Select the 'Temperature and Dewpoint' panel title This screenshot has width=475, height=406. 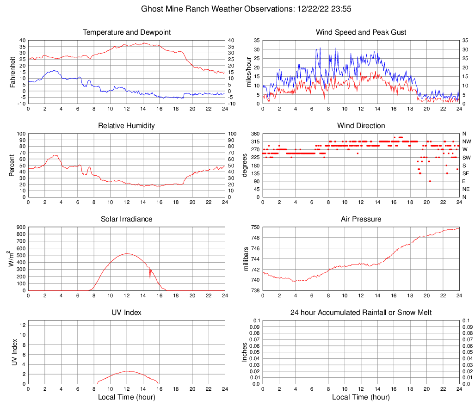[126, 32]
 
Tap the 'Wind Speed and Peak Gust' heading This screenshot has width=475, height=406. [361, 32]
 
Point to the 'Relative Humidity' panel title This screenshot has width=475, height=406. [126, 126]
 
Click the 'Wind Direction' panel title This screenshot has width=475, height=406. [361, 126]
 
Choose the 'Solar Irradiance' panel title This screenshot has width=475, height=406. [126, 219]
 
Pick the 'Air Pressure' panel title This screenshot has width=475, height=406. [361, 219]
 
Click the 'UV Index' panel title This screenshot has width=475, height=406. [126, 313]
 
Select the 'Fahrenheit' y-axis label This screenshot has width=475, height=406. [13, 72]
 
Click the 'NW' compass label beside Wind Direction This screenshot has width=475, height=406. [467, 141]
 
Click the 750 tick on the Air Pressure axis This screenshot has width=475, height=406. [256, 228]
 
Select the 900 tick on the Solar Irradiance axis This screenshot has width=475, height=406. [21, 228]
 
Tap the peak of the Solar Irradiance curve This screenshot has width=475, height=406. [127, 253]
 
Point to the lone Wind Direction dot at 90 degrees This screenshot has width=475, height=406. [430, 181]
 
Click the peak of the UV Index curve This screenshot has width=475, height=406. [127, 371]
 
